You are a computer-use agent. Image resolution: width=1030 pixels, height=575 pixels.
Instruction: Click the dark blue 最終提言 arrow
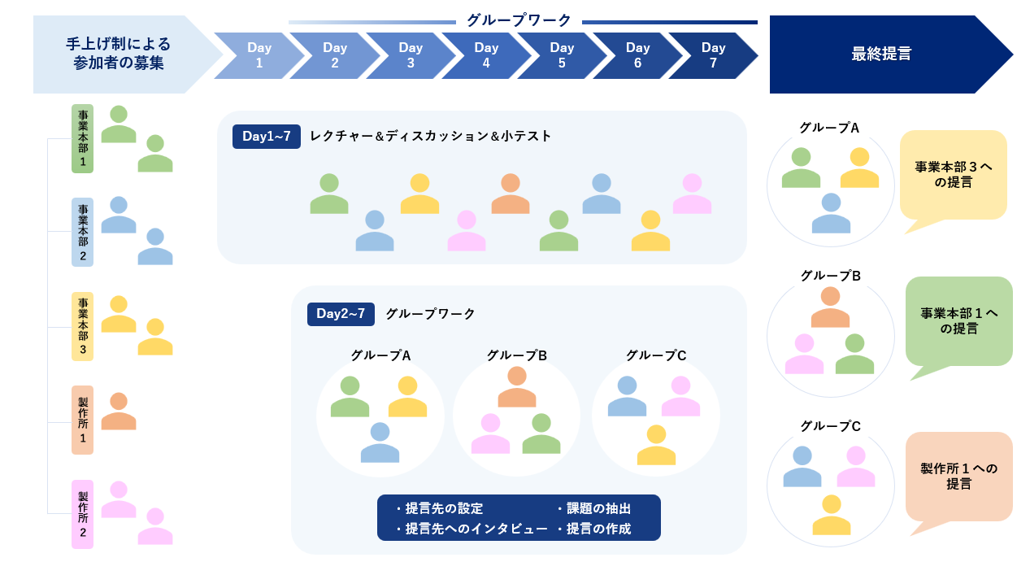point(882,54)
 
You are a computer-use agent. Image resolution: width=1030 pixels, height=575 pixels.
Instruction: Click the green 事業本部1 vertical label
point(82,138)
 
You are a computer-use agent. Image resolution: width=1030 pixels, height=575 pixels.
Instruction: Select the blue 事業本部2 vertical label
point(82,232)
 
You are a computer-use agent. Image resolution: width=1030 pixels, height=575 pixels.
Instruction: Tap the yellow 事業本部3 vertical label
point(82,326)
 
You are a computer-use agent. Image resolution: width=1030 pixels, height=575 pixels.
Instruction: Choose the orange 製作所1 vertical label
point(82,420)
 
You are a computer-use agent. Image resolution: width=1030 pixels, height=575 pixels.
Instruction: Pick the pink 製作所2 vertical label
point(82,514)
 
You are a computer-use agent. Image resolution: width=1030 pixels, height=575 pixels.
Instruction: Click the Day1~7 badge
point(267,137)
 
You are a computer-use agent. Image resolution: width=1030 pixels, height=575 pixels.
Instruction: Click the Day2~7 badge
point(341,314)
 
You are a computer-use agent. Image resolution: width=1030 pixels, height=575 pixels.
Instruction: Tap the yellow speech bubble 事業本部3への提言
point(953,175)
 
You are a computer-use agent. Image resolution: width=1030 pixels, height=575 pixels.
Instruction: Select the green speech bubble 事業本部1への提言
point(958,320)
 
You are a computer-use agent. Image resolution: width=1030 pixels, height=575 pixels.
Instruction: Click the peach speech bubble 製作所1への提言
point(958,476)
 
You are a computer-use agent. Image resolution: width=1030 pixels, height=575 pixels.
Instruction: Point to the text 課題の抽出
point(598,508)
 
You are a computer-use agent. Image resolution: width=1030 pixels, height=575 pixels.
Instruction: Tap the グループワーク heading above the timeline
point(519,20)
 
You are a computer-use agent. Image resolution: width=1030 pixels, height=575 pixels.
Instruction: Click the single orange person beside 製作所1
point(119,412)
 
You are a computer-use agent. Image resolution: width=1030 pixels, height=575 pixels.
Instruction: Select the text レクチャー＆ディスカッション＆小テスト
point(430,137)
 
